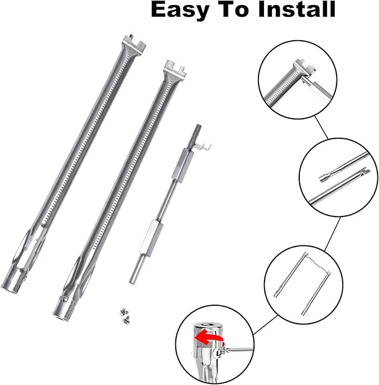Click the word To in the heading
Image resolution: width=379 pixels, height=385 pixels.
click(x=234, y=9)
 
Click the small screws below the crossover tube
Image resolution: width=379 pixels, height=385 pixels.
click(x=125, y=315)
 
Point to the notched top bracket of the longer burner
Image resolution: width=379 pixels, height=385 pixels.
click(x=134, y=42)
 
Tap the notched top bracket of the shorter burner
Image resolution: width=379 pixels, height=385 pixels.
click(x=175, y=68)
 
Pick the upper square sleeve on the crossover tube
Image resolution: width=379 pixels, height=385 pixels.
click(x=183, y=165)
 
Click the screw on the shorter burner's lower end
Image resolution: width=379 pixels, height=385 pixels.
click(x=65, y=299)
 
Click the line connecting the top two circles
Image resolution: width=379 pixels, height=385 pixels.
click(x=322, y=127)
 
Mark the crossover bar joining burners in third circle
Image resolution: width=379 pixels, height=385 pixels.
click(x=318, y=263)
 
